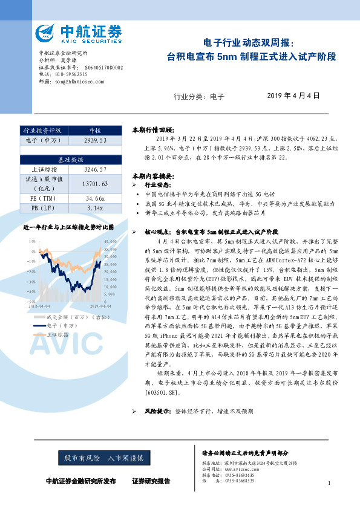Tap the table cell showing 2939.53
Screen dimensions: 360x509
(95, 140)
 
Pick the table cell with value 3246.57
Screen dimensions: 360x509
(95, 171)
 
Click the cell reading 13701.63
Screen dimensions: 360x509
(95, 184)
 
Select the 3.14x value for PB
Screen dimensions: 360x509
(95, 209)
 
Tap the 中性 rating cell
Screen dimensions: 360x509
(95, 130)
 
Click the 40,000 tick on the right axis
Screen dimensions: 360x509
(110, 242)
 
